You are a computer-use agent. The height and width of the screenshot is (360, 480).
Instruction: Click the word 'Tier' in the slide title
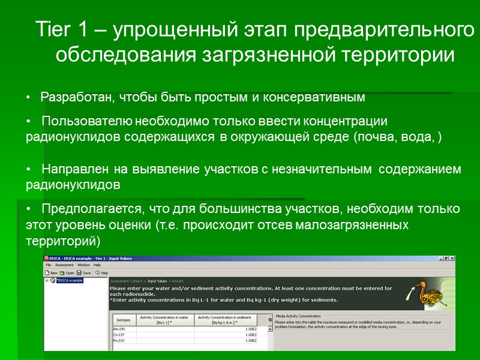[52, 29]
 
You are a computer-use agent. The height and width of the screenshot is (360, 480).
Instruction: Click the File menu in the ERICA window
[48, 265]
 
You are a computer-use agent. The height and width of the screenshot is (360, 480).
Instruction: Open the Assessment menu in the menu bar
[64, 265]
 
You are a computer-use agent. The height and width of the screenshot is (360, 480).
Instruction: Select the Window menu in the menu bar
[83, 265]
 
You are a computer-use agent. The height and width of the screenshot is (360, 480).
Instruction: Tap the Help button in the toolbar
[101, 272]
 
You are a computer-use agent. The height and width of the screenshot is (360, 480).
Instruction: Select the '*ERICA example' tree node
[69, 280]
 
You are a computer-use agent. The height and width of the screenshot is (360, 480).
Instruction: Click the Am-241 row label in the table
[119, 329]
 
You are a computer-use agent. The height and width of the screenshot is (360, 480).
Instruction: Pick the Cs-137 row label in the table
[119, 335]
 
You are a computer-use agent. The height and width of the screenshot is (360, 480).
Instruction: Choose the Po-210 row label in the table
[119, 341]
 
